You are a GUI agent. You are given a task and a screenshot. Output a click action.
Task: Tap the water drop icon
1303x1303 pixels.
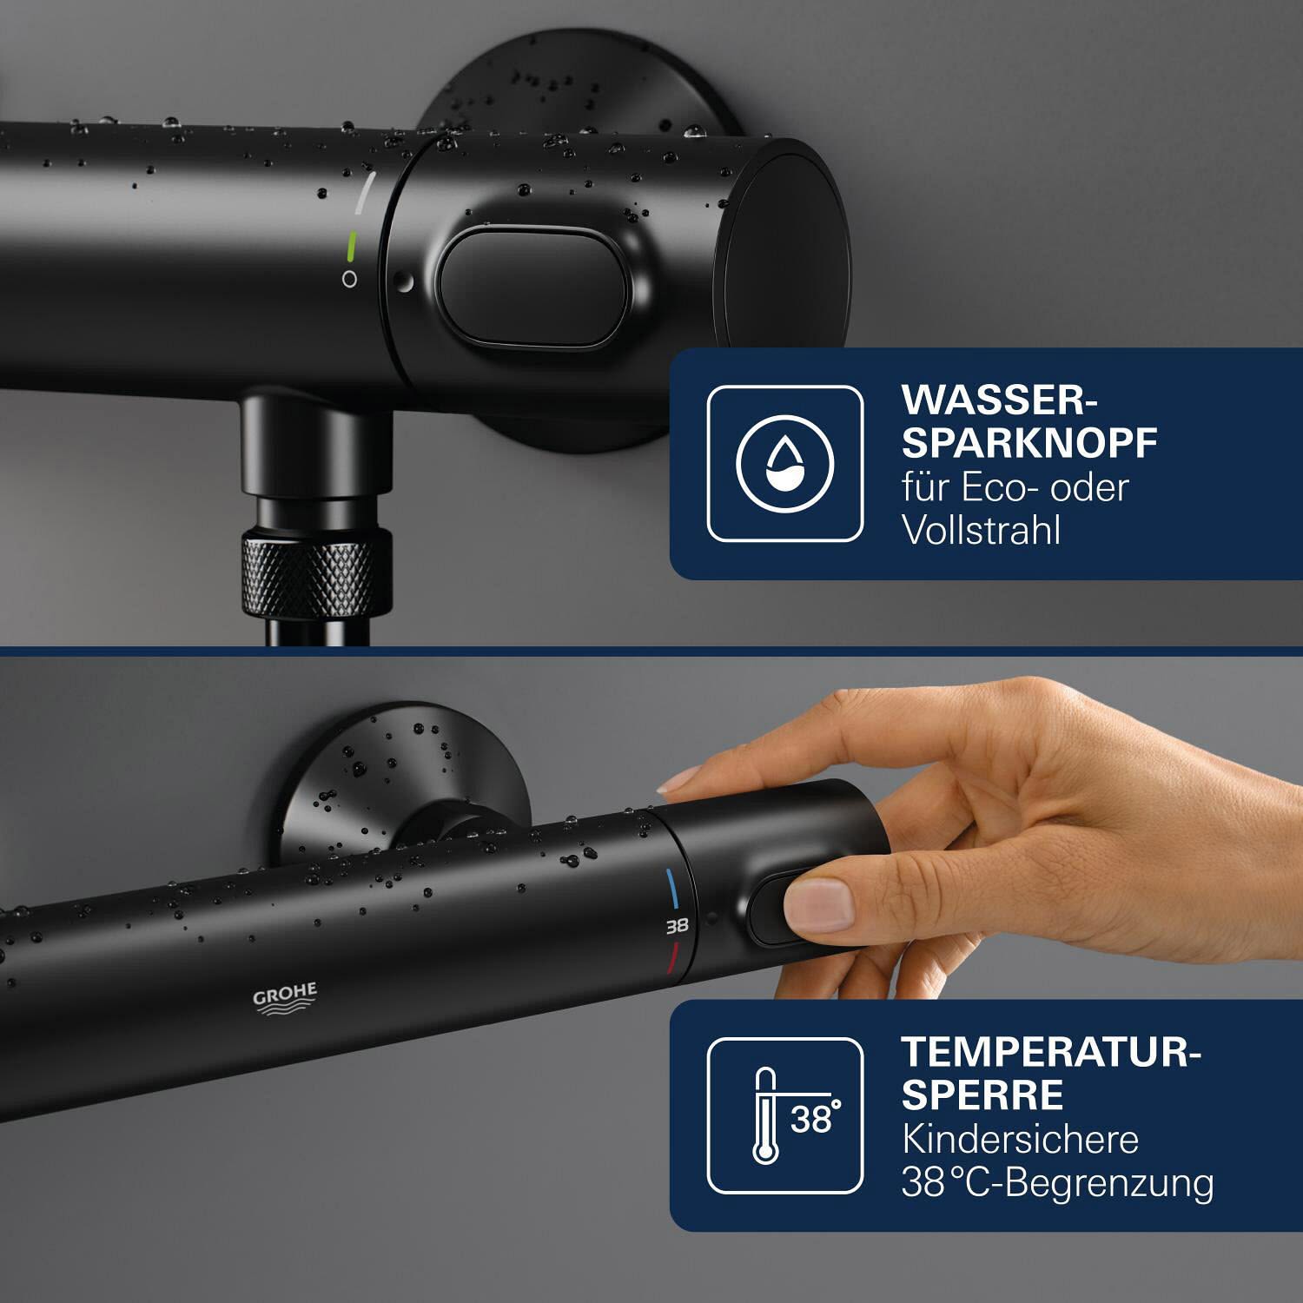(x=784, y=463)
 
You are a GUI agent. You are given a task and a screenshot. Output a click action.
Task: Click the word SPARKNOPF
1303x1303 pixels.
(x=1029, y=444)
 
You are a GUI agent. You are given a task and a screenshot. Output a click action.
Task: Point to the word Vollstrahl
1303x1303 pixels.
(x=982, y=531)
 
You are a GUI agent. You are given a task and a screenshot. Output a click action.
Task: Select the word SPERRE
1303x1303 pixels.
(x=982, y=1095)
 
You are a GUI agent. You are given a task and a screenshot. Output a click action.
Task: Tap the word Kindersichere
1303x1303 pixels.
(x=1020, y=1140)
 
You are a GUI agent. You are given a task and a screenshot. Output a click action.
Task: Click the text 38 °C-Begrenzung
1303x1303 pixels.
(x=1057, y=1183)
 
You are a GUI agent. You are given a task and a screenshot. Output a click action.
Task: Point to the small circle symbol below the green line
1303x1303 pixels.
(x=349, y=280)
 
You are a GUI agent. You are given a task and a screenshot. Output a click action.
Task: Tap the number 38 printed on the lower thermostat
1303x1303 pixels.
(x=677, y=926)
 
